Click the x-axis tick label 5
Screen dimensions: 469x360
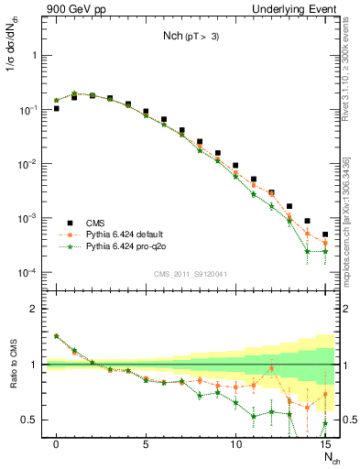click(x=146, y=443)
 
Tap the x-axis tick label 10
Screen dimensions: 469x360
click(x=235, y=443)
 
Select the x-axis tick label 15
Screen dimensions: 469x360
click(x=324, y=443)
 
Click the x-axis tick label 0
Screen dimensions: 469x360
click(x=57, y=443)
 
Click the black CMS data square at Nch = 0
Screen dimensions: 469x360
click(x=57, y=108)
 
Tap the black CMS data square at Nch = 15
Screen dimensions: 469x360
click(x=325, y=234)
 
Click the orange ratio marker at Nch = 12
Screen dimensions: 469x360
click(x=271, y=369)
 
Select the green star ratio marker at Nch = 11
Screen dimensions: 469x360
click(x=254, y=415)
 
